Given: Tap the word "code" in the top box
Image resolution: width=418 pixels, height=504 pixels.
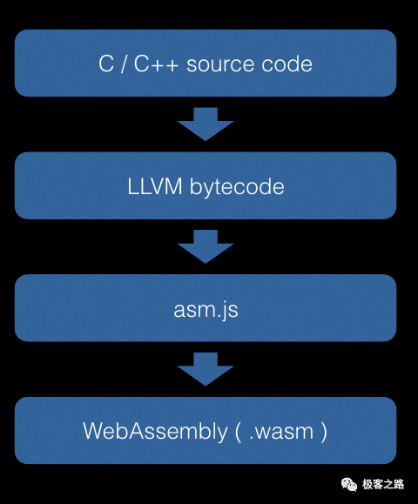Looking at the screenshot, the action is [x=287, y=64].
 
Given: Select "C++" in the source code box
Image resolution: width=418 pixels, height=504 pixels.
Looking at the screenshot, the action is [x=156, y=64].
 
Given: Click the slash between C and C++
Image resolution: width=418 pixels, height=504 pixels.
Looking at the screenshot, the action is [x=124, y=64].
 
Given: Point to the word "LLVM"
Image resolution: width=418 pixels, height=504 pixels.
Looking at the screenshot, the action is [x=155, y=186].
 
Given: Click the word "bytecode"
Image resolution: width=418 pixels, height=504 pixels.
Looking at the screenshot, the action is [x=237, y=186].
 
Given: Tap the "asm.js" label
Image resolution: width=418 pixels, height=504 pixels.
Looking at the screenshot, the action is [x=206, y=310].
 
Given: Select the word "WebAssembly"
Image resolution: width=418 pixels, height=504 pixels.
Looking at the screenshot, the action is [x=155, y=431].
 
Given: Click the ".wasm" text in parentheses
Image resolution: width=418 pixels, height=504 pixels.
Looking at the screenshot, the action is [x=281, y=432].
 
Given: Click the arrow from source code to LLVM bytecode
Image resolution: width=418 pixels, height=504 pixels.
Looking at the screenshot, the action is [x=206, y=124].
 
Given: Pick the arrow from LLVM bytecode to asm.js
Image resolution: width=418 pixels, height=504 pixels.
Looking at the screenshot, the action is [x=206, y=246].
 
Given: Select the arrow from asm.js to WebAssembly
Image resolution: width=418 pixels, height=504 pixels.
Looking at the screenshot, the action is [x=206, y=369].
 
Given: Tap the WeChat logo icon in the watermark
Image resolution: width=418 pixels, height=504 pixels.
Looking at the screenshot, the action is [x=349, y=484].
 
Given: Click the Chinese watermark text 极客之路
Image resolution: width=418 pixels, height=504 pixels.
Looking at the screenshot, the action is [x=383, y=484].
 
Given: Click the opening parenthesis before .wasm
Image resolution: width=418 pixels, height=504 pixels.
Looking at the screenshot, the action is [x=238, y=432].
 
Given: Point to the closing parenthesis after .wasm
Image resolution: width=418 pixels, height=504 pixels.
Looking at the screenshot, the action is [x=324, y=432].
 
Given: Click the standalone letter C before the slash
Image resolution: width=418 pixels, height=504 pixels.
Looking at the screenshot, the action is [x=106, y=64].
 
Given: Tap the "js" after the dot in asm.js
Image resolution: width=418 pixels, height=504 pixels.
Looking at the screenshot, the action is [x=230, y=311].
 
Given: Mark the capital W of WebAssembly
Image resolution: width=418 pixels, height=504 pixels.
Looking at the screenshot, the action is [x=95, y=431].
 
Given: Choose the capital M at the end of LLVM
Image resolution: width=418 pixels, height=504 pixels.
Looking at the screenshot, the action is [x=173, y=186].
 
